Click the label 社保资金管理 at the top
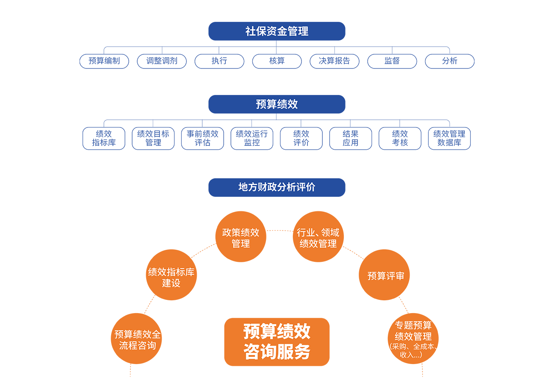[277, 31]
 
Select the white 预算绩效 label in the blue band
[277, 104]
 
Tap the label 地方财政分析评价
[277, 187]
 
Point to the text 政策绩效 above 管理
[240, 233]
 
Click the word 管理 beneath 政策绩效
[240, 244]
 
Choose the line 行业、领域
[318, 233]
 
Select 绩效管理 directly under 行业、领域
[318, 244]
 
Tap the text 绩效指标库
[171, 272]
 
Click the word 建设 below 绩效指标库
[171, 283]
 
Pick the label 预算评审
[386, 276]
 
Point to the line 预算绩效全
[137, 335]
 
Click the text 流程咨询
[137, 346]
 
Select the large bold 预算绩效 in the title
[277, 332]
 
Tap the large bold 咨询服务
[277, 352]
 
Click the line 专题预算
[413, 325]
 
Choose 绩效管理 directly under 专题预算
[413, 336]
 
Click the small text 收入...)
[411, 355]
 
